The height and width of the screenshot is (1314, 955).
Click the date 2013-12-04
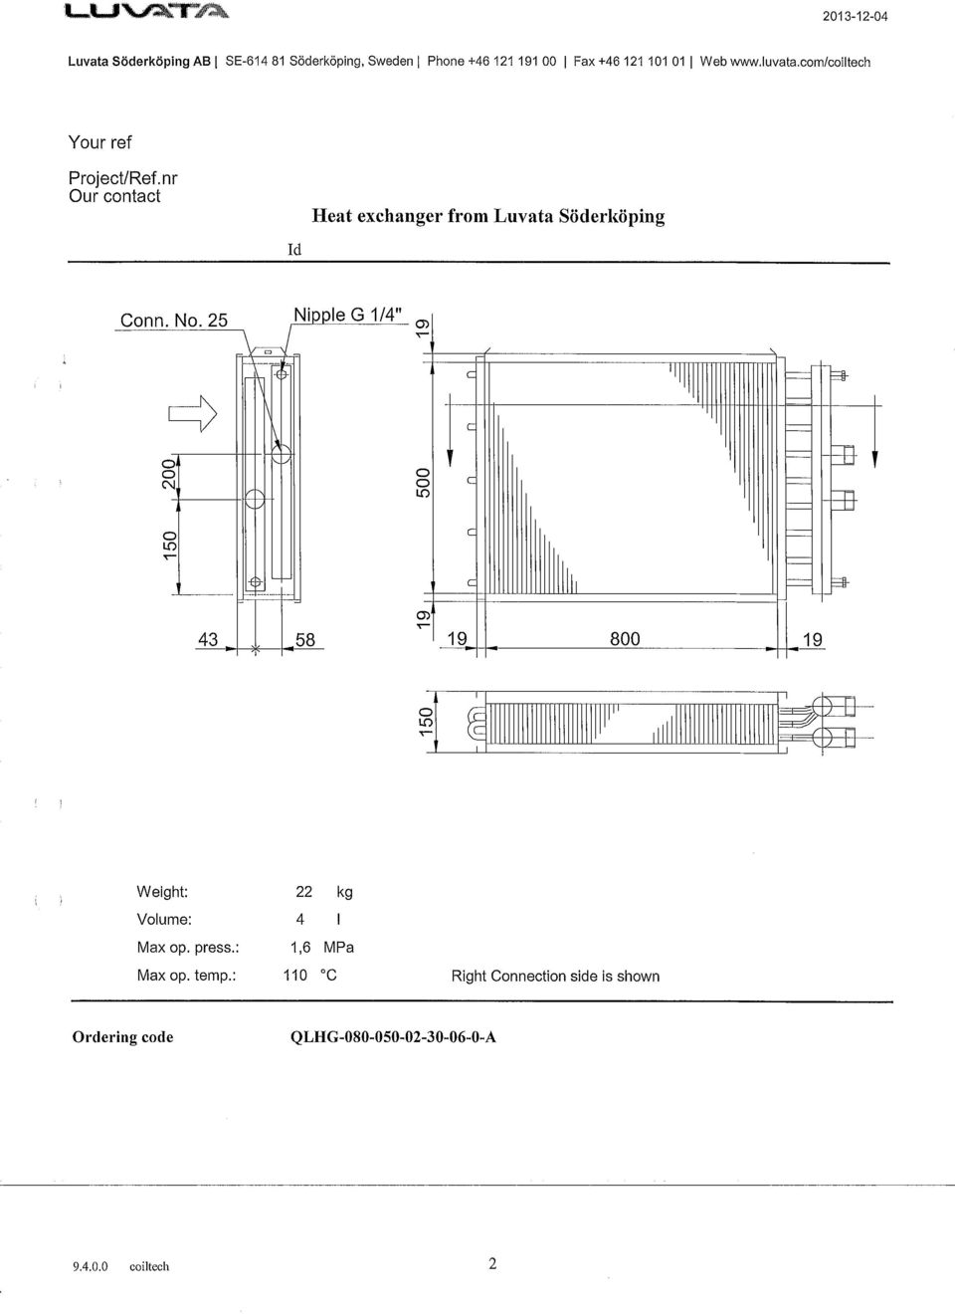coord(856,16)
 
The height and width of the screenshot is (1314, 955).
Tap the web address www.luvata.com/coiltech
coord(800,62)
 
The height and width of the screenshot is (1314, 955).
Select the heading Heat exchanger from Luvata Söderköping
coord(488,216)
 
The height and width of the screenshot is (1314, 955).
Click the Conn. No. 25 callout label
coord(173,321)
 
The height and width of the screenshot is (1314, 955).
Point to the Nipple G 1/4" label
coord(348,315)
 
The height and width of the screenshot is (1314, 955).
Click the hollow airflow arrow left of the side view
coord(193,413)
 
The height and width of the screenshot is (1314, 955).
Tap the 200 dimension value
coord(169,474)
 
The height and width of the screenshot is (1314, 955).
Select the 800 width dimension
coord(625,639)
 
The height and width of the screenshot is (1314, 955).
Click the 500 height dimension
coord(423,482)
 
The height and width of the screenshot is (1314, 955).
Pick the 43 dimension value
coord(208,639)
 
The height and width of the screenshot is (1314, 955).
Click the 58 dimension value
coord(305,639)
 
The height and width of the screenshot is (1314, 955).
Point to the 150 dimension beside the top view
coord(425,722)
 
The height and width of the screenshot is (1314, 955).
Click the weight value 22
coord(303,892)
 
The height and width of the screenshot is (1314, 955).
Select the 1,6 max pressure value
coord(300,948)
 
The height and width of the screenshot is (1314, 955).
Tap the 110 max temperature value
coord(294,975)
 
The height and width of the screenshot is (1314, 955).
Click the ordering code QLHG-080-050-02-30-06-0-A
coord(393,1037)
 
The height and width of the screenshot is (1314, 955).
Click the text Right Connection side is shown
coord(555,977)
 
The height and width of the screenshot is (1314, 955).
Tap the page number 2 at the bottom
coord(492,1263)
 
